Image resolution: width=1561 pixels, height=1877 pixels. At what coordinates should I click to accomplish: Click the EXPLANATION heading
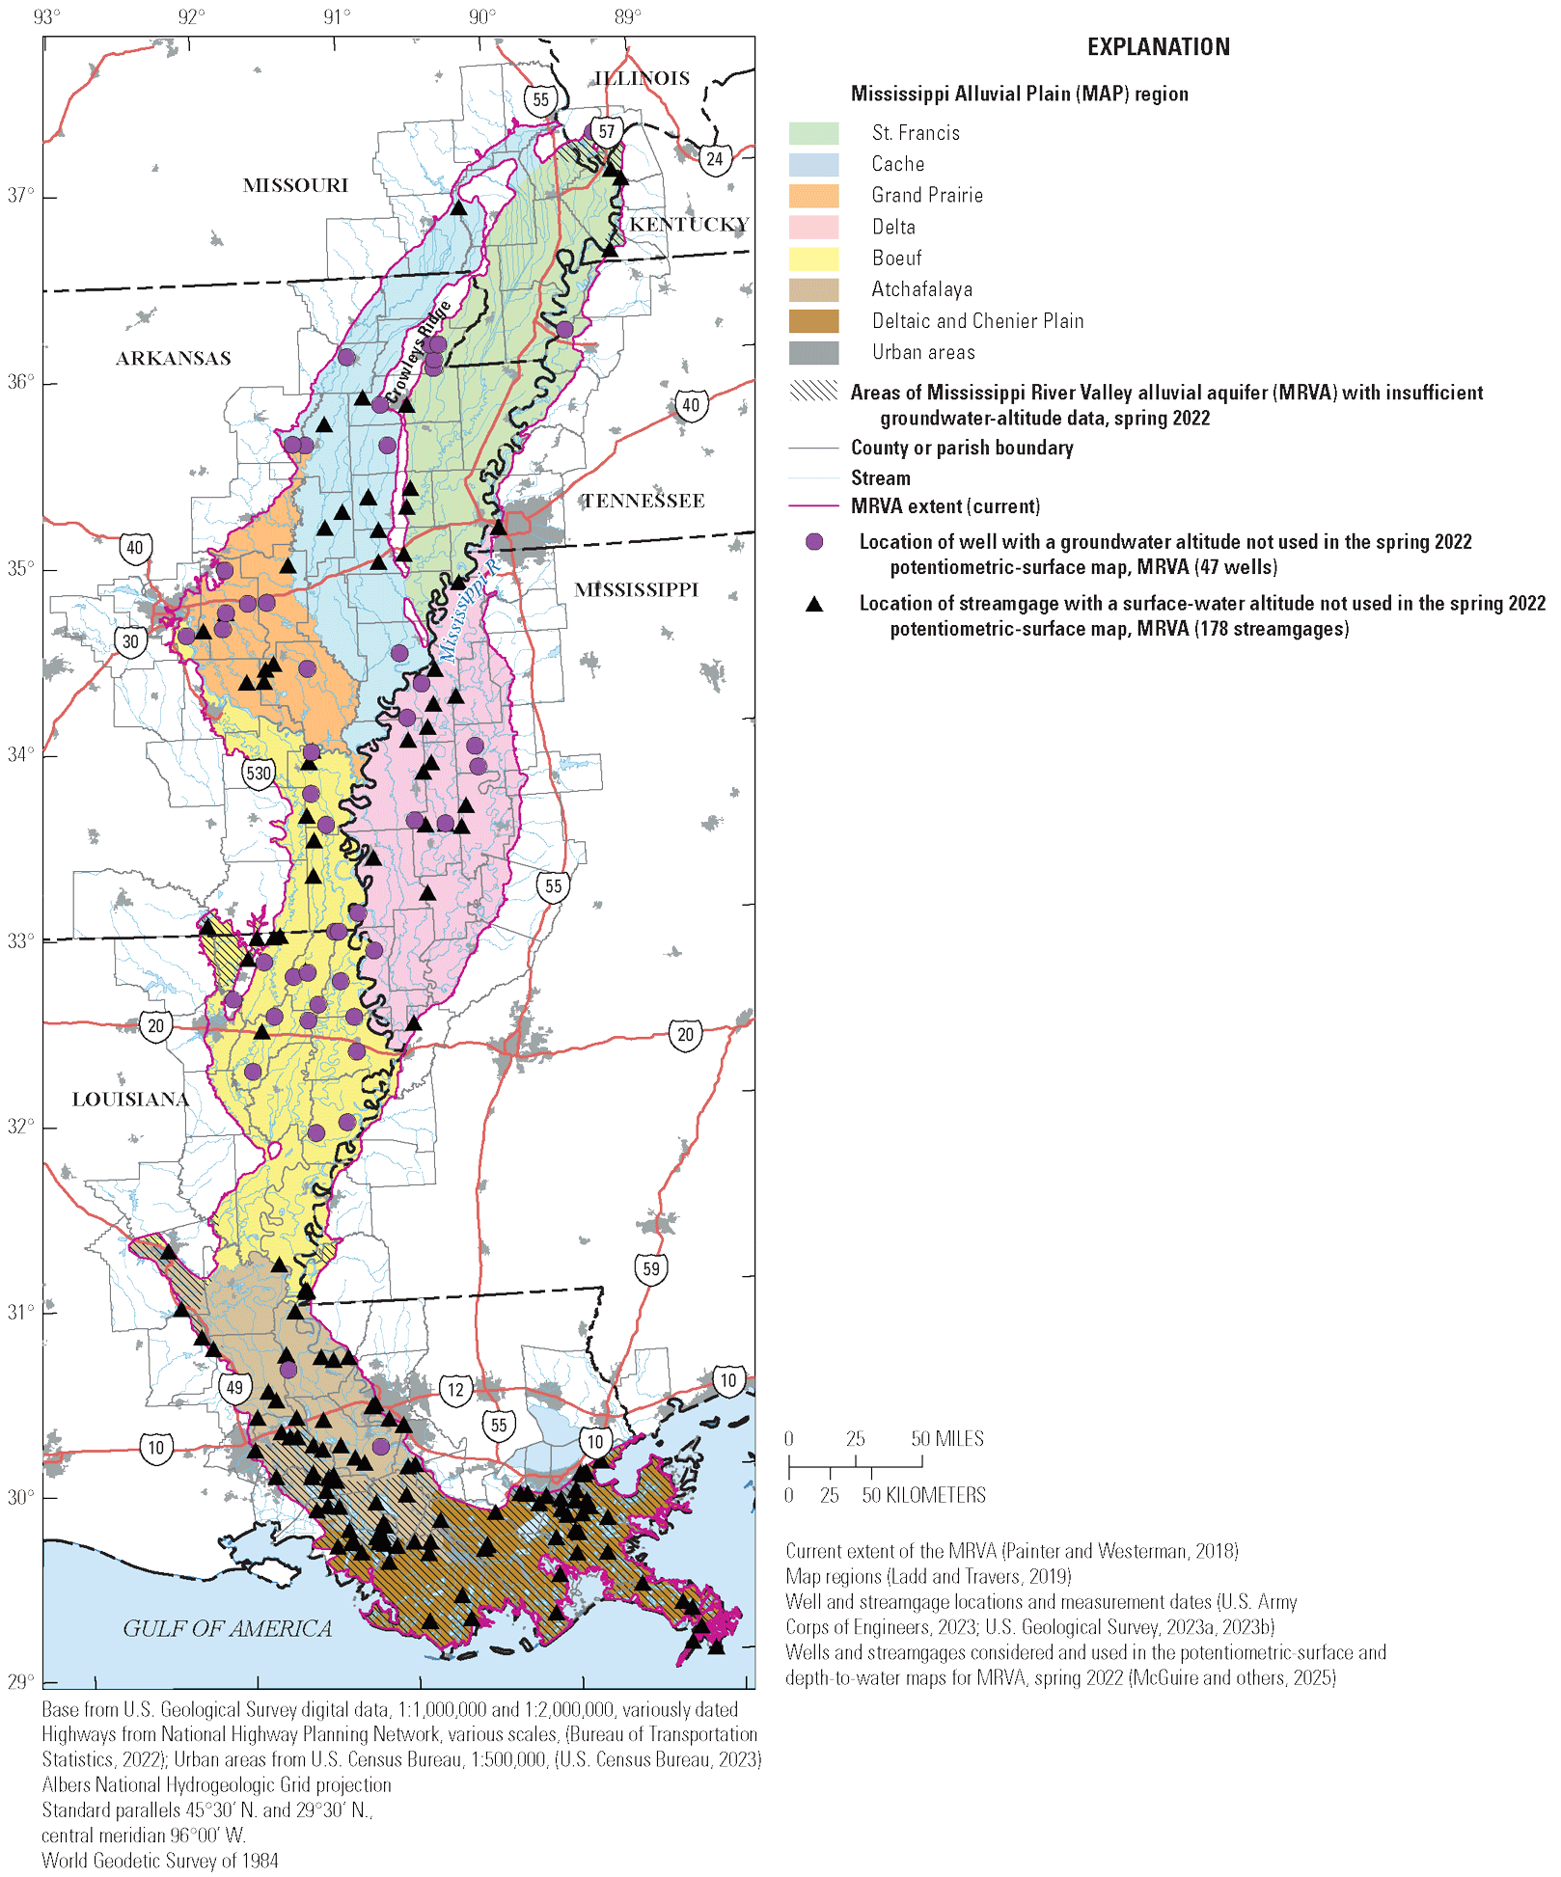1158,47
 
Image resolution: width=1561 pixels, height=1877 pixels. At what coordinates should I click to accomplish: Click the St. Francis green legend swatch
813,133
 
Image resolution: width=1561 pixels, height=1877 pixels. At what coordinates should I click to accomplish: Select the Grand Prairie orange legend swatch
813,196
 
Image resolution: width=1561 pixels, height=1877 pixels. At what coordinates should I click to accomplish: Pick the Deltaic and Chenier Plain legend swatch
813,321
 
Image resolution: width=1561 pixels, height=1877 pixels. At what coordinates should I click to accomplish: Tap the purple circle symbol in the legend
814,542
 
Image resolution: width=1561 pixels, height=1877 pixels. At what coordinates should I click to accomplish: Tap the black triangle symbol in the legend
814,604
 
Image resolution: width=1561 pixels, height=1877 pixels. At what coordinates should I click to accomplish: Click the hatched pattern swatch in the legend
813,391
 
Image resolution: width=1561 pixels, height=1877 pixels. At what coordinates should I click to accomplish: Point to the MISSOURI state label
295,185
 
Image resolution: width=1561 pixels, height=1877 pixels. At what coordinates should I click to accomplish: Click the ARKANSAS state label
174,359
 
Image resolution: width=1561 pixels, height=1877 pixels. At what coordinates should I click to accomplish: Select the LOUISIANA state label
130,1100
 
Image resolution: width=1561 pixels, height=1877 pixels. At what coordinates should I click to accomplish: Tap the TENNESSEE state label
643,501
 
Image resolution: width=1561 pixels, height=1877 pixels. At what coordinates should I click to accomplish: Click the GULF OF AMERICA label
227,1628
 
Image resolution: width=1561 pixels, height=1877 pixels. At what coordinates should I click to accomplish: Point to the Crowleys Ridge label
418,352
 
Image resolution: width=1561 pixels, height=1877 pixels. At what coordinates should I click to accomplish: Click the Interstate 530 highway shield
259,773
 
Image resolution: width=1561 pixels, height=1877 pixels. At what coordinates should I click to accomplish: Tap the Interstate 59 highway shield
651,1268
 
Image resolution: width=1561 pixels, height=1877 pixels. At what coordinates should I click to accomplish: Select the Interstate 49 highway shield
234,1388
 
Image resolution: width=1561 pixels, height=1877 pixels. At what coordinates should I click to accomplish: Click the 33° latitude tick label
20,940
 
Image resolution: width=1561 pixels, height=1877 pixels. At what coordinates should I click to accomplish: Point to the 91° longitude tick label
337,17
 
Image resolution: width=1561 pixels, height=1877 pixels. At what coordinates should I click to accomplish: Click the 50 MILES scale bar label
946,1439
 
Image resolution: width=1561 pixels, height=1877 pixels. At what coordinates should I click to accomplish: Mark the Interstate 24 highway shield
714,159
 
